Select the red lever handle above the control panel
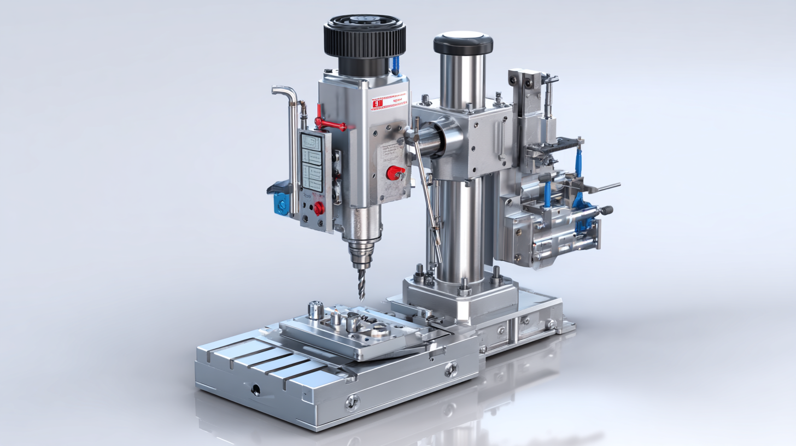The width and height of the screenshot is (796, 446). [x=328, y=123]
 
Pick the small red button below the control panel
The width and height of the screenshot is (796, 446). [x=318, y=208]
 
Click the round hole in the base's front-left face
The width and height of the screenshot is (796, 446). [x=256, y=390]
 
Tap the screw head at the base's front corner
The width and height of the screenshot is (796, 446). [x=353, y=403]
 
